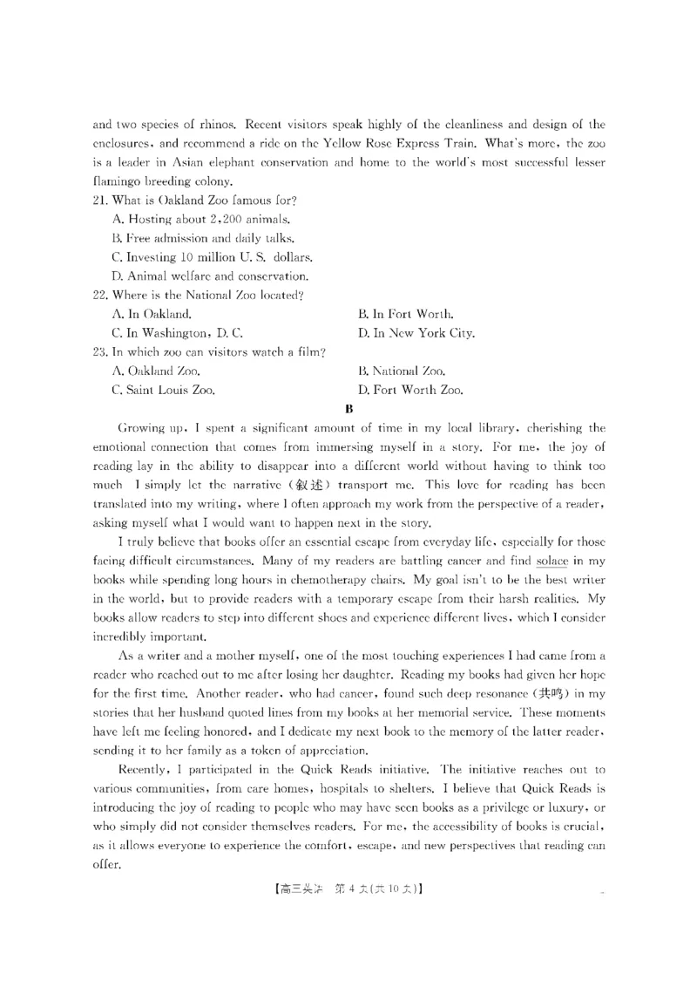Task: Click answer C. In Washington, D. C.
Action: [178, 333]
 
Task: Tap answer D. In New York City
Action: [416, 333]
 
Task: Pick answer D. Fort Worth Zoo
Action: [410, 391]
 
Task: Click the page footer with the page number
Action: [348, 890]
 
